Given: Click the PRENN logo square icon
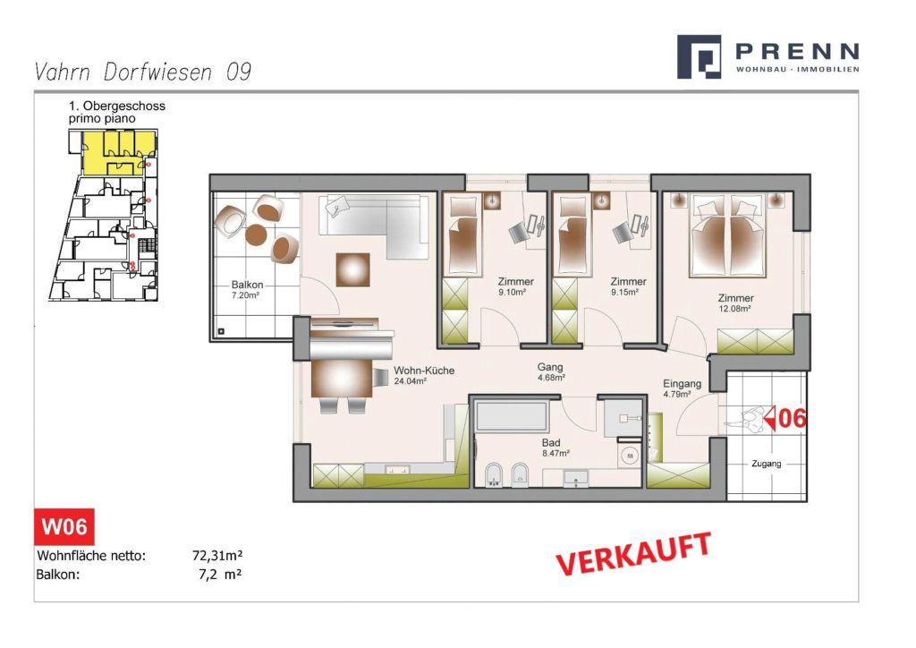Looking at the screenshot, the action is [x=699, y=56].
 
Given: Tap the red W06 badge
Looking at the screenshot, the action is [x=64, y=526].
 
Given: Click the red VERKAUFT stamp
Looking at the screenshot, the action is [x=633, y=553].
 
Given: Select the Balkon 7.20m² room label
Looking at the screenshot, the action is [x=247, y=290].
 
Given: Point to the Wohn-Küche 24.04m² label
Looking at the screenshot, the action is [x=423, y=375].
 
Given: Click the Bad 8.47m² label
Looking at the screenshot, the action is [x=555, y=448].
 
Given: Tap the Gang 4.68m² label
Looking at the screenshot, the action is [x=550, y=371].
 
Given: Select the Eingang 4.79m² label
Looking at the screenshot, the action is [x=682, y=388].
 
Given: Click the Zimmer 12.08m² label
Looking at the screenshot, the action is [x=735, y=303].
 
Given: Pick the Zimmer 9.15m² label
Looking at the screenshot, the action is [x=628, y=287].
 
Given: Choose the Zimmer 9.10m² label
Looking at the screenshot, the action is [x=515, y=287].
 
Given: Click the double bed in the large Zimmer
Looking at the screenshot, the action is [x=727, y=235].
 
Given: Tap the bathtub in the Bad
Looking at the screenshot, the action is [x=511, y=416].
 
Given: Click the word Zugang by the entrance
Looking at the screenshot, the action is [x=766, y=464].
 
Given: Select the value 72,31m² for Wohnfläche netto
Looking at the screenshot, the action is [x=217, y=555].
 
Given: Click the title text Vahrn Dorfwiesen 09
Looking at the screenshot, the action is [x=143, y=72].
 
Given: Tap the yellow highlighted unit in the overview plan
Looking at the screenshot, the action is [x=119, y=152].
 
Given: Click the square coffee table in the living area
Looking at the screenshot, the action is [x=352, y=269].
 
